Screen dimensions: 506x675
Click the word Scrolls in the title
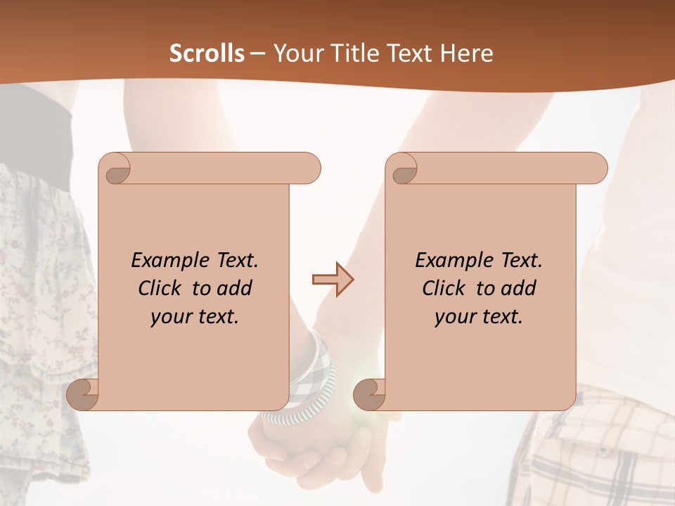coord(207,53)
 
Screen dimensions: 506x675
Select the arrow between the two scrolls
coord(333,280)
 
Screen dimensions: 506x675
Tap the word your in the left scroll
coord(169,318)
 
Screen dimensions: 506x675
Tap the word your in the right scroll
coord(453,318)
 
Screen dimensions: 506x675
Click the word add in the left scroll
coord(235,288)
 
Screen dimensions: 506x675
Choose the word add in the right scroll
coord(519,288)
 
